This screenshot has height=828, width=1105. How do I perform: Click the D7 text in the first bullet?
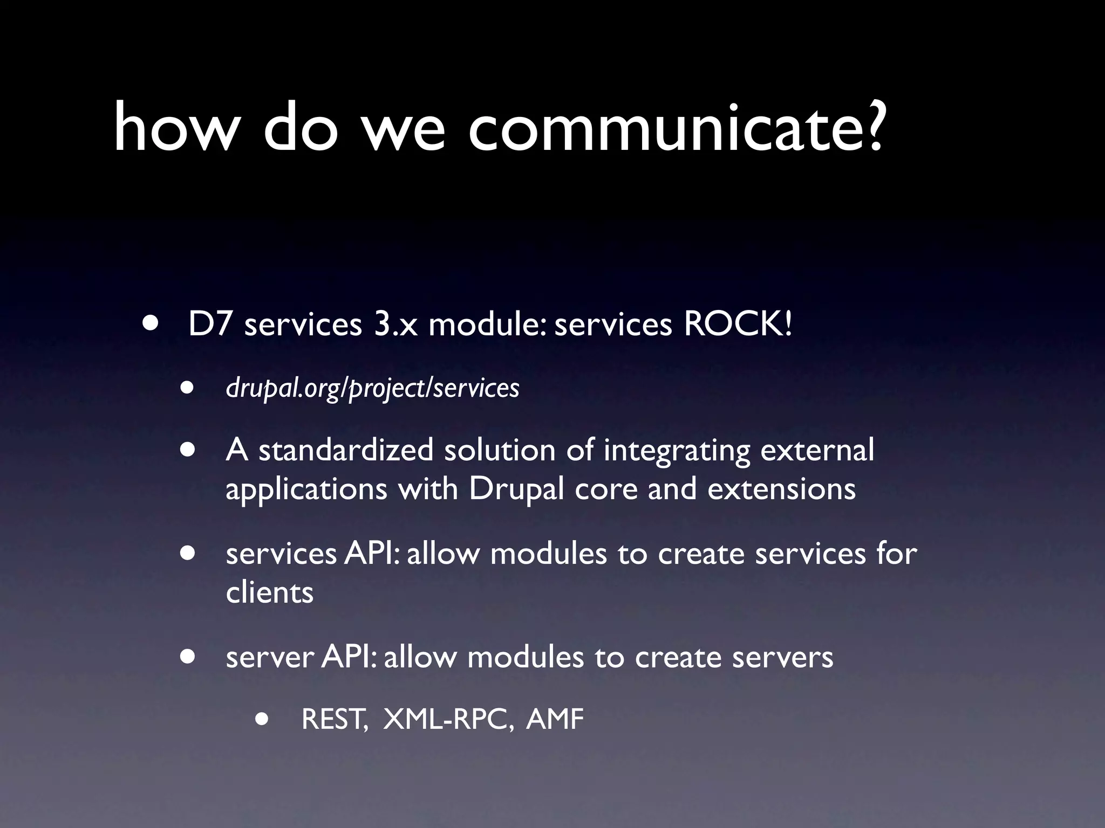tap(210, 325)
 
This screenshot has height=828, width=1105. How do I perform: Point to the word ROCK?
tap(738, 325)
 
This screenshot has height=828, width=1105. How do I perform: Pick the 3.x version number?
tap(395, 326)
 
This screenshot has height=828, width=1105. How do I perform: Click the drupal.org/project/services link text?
tap(372, 388)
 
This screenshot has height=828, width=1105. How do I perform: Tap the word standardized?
tap(346, 450)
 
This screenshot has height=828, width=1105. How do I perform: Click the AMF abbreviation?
tap(555, 720)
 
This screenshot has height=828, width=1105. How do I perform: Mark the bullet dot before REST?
tap(262, 719)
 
